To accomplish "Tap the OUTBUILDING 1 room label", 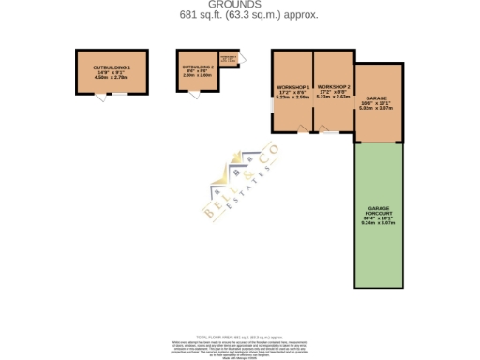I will coord(111,67).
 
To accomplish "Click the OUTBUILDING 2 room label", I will coord(198,67).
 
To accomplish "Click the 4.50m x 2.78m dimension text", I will coord(111,78).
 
